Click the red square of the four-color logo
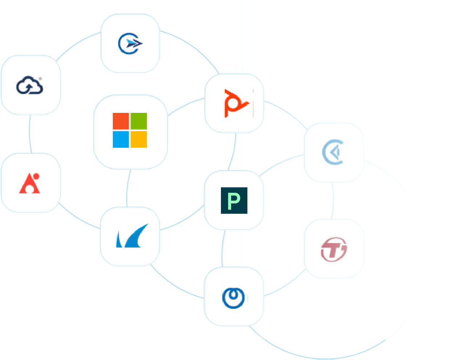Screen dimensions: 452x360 (120, 121)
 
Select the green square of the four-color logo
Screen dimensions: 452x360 (139, 121)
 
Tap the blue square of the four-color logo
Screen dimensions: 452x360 (120, 139)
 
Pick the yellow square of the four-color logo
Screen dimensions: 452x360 (139, 139)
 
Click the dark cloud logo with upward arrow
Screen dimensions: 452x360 (30, 85)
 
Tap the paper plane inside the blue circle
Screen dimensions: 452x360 (134, 44)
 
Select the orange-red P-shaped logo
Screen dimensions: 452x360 (237, 103)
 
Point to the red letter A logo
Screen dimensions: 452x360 (29, 183)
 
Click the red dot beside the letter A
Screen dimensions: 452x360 (36, 176)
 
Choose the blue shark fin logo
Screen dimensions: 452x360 (132, 236)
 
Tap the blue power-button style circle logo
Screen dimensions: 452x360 (233, 298)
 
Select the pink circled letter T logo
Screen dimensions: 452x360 (334, 249)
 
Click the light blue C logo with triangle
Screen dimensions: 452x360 (333, 152)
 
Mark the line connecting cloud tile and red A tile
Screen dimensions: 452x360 (30, 134)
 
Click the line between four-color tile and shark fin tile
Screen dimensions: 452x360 (128, 188)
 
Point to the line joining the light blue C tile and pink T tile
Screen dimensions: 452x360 (333, 200)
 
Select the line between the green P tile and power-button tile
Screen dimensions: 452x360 (223, 248)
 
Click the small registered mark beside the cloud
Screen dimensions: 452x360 (40, 79)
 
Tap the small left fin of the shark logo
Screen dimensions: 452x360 (119, 239)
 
